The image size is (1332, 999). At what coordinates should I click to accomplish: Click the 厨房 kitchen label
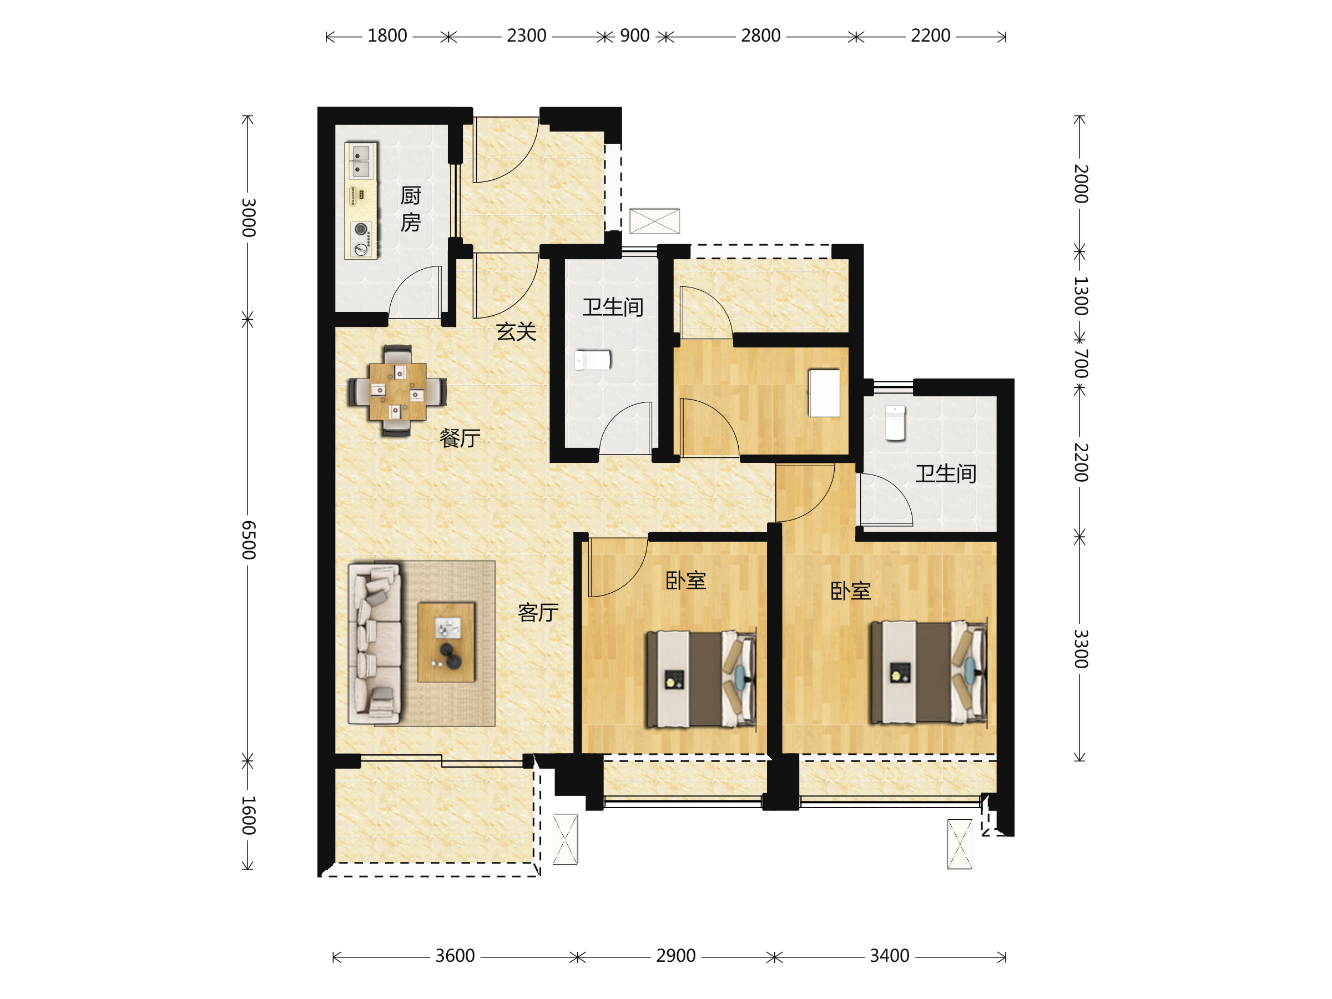coord(410,209)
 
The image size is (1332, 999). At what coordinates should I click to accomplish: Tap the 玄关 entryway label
coord(516,331)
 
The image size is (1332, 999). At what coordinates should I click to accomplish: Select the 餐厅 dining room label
coord(460,438)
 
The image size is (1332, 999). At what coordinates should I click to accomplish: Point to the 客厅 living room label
coord(538,612)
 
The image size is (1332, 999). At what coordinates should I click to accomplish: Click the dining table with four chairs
coord(397,391)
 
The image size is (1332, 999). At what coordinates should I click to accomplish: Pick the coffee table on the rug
coord(446,642)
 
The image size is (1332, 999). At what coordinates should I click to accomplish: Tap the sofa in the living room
coord(375,643)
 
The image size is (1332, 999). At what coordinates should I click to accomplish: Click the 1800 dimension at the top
coord(387,36)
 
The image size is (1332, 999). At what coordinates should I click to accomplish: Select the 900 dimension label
coord(635,36)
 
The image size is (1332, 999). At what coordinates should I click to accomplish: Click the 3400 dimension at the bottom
coord(890,956)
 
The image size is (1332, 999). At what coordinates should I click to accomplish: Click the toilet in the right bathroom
coord(895,423)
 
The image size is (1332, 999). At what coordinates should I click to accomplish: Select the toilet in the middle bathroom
coord(593,360)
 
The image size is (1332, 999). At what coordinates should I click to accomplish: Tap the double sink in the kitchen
coord(360,161)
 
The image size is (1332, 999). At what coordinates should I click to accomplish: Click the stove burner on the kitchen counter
coord(361,229)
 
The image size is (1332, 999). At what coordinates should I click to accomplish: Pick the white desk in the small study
coord(824,393)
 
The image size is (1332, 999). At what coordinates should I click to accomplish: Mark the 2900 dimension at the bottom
coord(675,956)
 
